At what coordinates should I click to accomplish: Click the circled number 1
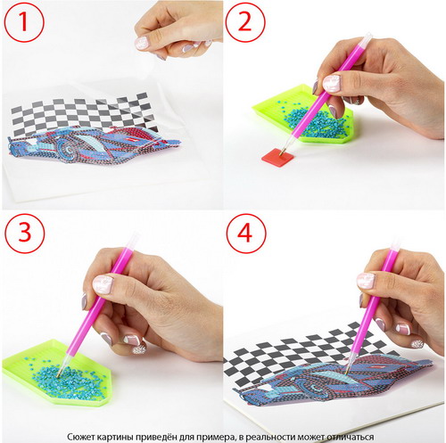(x=24, y=23)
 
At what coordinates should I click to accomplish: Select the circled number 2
(x=245, y=22)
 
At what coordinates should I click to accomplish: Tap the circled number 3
(x=25, y=233)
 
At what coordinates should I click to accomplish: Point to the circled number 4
(x=246, y=234)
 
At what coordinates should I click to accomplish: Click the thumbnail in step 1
(x=142, y=43)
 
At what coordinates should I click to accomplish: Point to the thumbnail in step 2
(x=331, y=83)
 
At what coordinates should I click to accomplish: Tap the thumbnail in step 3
(x=103, y=284)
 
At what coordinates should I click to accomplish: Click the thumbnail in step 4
(x=366, y=281)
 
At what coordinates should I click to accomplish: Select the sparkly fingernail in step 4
(x=417, y=343)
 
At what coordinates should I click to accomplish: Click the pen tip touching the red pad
(x=281, y=152)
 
